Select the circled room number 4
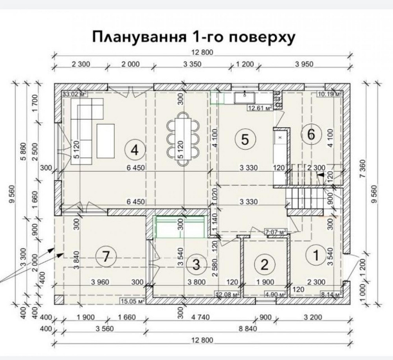(135, 150)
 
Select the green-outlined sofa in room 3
(180, 227)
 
